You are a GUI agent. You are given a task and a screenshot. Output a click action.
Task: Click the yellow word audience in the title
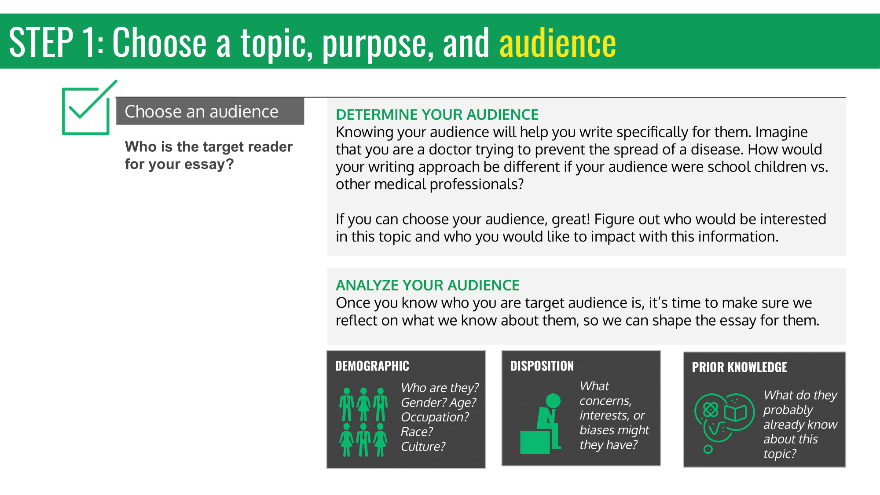[557, 43]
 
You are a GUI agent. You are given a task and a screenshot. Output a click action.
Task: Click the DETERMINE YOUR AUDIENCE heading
[437, 114]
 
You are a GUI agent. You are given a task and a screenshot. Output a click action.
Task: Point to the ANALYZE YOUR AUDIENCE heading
[427, 285]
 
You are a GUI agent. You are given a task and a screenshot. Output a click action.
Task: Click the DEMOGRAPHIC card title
[372, 366]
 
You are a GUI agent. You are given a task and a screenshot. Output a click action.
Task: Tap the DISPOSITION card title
[542, 366]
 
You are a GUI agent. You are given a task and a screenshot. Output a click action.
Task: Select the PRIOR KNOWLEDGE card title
[739, 367]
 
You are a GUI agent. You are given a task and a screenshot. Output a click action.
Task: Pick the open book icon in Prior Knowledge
[736, 413]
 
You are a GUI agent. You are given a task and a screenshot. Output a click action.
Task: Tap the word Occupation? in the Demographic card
[435, 417]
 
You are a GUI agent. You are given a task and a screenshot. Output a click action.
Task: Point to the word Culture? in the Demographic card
[423, 446]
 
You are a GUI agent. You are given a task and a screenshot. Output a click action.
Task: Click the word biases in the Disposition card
[598, 430]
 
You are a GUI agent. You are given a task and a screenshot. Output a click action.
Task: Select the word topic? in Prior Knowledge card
[780, 454]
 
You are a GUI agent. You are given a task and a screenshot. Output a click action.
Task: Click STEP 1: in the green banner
[56, 43]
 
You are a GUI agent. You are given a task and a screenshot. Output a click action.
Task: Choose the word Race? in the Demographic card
[417, 432]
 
